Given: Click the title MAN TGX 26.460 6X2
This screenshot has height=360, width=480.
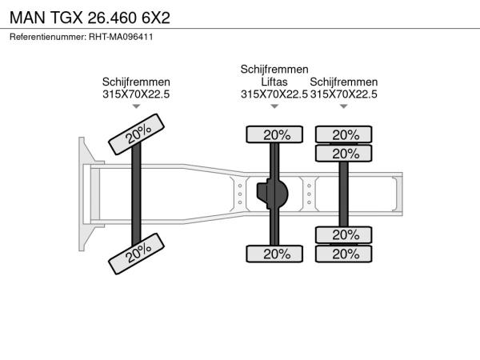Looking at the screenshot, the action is click(90, 18).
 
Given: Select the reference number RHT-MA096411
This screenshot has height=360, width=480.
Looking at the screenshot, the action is click(121, 37).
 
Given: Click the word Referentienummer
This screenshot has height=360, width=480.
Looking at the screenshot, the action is click(48, 37).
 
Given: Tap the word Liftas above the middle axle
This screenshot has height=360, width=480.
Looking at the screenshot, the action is click(274, 82).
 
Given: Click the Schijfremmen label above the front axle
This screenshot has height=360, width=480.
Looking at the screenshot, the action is click(136, 82).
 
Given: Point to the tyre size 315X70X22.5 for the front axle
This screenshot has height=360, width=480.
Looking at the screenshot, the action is click(136, 94).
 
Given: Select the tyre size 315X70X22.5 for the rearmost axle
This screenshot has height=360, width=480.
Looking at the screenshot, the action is click(343, 94).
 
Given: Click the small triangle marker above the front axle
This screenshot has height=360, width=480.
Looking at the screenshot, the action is click(136, 106).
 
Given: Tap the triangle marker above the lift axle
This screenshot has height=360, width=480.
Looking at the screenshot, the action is click(274, 106).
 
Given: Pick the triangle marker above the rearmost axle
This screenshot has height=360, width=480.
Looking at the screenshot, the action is click(343, 106).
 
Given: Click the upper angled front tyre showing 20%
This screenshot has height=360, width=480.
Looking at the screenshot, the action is click(136, 134).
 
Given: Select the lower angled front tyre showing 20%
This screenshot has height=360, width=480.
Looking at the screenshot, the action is click(136, 254).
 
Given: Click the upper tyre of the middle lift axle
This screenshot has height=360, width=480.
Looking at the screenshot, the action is click(274, 134).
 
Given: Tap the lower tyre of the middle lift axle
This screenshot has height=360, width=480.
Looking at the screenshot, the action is click(274, 254).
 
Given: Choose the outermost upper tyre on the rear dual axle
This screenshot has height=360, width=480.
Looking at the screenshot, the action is click(343, 134).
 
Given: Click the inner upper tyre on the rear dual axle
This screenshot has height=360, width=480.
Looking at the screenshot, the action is click(343, 154).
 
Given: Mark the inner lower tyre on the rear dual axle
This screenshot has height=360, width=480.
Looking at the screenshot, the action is click(343, 235).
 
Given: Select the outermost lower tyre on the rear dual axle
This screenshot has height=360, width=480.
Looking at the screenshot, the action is click(343, 254).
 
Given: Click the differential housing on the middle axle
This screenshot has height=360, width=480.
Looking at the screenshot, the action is click(273, 194).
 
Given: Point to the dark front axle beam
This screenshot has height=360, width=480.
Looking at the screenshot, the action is click(136, 194).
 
